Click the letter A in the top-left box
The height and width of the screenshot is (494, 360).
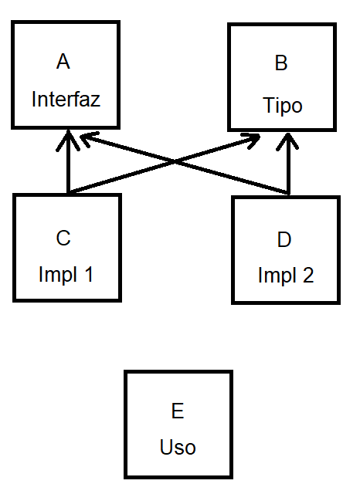(x=63, y=62)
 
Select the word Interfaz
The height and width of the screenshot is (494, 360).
(x=66, y=100)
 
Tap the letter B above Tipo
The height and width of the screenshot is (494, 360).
(x=281, y=63)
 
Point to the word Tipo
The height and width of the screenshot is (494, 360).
(x=282, y=105)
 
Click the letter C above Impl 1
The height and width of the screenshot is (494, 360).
(x=63, y=237)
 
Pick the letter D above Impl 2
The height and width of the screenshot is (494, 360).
(x=284, y=239)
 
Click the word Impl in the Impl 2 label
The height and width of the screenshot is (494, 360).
(x=276, y=276)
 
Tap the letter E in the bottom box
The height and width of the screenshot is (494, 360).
(x=177, y=411)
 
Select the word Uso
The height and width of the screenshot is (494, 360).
(x=178, y=448)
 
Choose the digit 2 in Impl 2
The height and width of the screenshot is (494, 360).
(x=307, y=276)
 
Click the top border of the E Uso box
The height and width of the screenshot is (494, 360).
(x=178, y=372)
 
